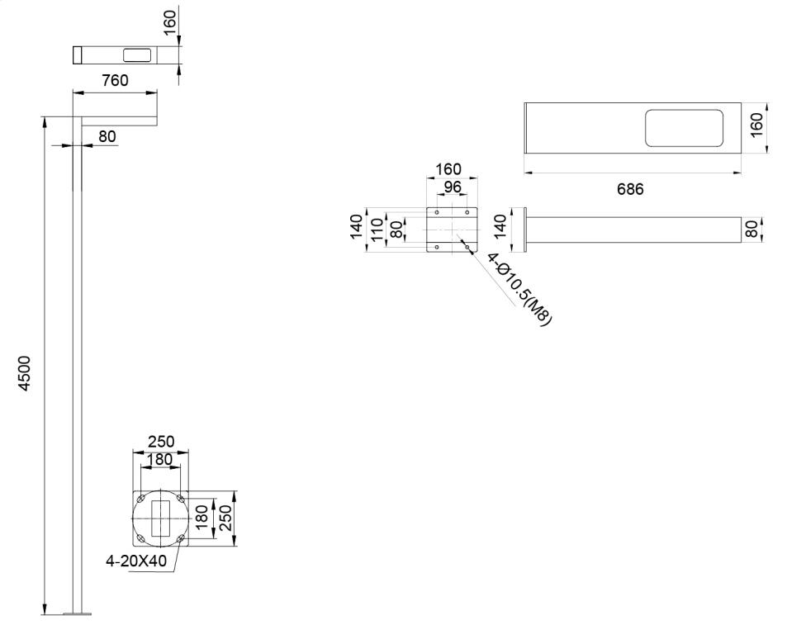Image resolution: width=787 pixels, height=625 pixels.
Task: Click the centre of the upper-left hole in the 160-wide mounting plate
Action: pos(437,212)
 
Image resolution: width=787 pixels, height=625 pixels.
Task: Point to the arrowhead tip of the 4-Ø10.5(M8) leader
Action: pos(467,247)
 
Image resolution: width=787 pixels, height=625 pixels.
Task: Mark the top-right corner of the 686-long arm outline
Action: pos(742,103)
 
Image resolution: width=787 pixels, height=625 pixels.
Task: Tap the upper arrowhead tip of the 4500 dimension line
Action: pos(45,117)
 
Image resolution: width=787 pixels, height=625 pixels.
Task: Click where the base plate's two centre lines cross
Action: pos(160,518)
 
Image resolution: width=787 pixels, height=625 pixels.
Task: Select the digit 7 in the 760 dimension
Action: pos(107,80)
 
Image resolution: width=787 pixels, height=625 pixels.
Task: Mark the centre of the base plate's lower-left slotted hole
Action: pos(141,539)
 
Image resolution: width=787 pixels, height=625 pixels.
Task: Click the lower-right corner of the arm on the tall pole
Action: pos(157,125)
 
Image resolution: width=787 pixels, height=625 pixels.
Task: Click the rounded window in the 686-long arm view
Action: pos(684,129)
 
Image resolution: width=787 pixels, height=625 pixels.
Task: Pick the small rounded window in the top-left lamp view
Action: pos(137,55)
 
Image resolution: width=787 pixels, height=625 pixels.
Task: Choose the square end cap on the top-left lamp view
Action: pos(78,55)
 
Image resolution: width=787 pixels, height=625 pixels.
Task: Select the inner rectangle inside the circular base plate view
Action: pos(160,518)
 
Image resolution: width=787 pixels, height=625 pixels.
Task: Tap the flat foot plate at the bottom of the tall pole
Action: pos(78,613)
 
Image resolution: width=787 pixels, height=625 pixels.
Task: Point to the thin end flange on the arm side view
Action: pos(525,230)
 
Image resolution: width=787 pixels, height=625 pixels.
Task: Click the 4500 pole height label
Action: pos(25,373)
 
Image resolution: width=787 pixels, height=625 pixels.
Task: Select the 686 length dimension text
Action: pos(630,189)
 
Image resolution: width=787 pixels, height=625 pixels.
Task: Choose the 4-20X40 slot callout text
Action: pos(136,561)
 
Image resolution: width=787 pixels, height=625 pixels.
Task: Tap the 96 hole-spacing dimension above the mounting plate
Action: pos(453,187)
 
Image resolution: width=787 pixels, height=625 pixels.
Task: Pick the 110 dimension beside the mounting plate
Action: pos(377,230)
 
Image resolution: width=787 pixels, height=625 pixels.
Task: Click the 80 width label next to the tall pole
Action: pos(107,136)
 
